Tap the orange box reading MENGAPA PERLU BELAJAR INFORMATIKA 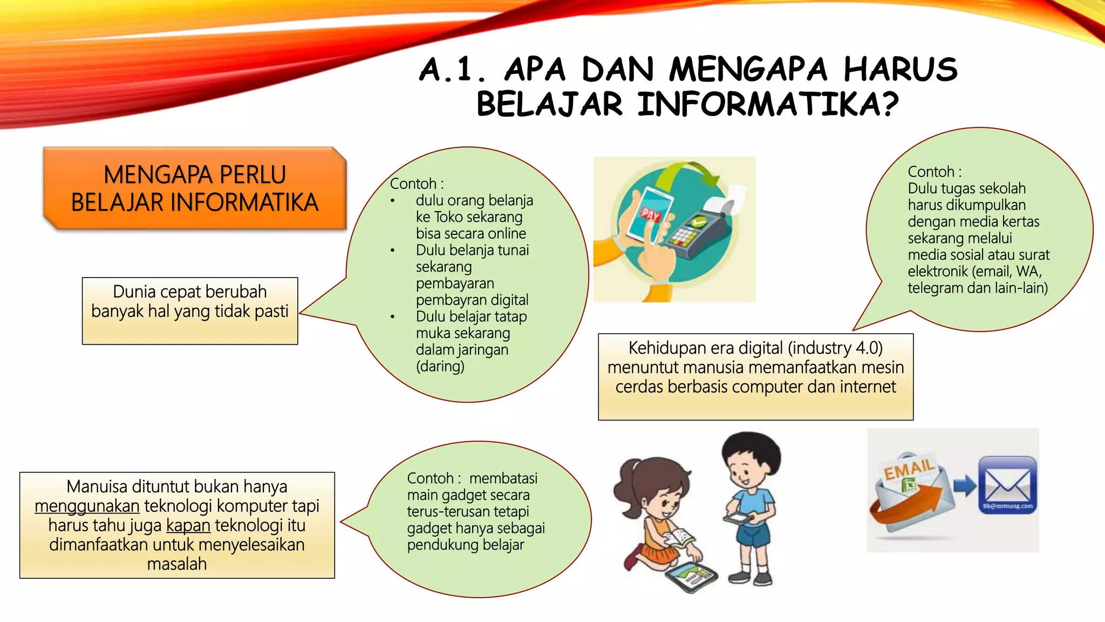(x=194, y=188)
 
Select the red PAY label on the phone (x=650, y=214)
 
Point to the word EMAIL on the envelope (x=909, y=469)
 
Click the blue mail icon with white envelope (x=1007, y=484)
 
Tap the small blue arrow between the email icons (x=965, y=485)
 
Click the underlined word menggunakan (x=87, y=506)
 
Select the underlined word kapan (x=188, y=525)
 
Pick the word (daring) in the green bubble (x=440, y=367)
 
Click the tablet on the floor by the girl (x=691, y=577)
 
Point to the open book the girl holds (x=678, y=538)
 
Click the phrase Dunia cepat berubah (x=190, y=292)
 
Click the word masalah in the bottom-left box (x=177, y=564)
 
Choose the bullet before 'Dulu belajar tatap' (x=393, y=317)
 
